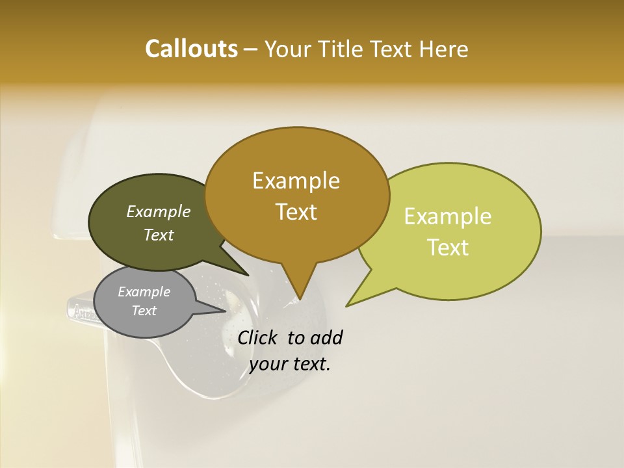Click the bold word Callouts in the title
tap(191, 49)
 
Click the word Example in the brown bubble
tap(296, 181)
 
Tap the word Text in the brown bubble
tap(296, 212)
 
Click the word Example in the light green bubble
tap(448, 216)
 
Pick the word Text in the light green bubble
tap(448, 248)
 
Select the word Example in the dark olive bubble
tap(158, 212)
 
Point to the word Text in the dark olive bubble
tap(158, 235)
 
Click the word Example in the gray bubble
tap(144, 292)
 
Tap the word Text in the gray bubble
tap(144, 311)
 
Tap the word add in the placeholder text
tap(326, 337)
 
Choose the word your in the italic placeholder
tap(267, 364)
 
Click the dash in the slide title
tap(252, 49)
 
